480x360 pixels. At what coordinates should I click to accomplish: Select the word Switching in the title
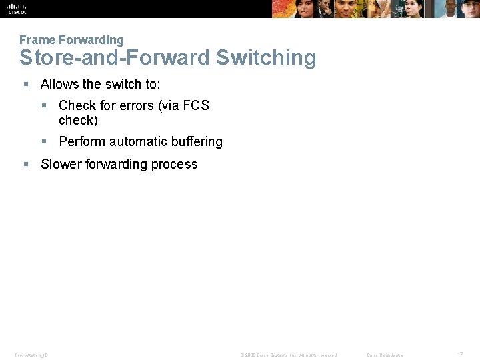click(266, 57)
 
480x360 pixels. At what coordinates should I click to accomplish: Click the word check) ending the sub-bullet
click(78, 120)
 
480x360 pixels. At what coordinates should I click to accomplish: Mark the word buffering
click(197, 141)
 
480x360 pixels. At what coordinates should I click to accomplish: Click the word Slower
click(61, 164)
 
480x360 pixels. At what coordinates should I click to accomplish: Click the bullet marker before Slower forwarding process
click(25, 164)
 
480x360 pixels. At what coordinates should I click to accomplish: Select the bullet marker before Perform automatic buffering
click(44, 141)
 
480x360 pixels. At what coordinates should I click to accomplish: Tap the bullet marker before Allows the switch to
click(25, 84)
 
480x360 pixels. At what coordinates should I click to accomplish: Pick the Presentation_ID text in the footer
click(31, 355)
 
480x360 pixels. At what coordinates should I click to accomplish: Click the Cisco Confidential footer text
click(385, 355)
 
